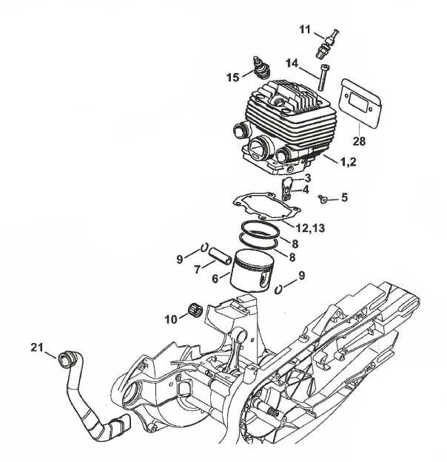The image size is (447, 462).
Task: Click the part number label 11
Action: click(305, 29)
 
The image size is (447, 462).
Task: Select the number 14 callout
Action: click(292, 63)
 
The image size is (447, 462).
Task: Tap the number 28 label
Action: click(358, 141)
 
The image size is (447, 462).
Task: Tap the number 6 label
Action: click(215, 279)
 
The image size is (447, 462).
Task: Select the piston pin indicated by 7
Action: click(220, 254)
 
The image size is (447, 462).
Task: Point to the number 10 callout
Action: click(171, 319)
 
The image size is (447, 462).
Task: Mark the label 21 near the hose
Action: click(38, 347)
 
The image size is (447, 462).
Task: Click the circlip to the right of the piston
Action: click(279, 288)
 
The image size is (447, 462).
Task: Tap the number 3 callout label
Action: click(306, 178)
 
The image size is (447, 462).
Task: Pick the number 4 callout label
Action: click(306, 189)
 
